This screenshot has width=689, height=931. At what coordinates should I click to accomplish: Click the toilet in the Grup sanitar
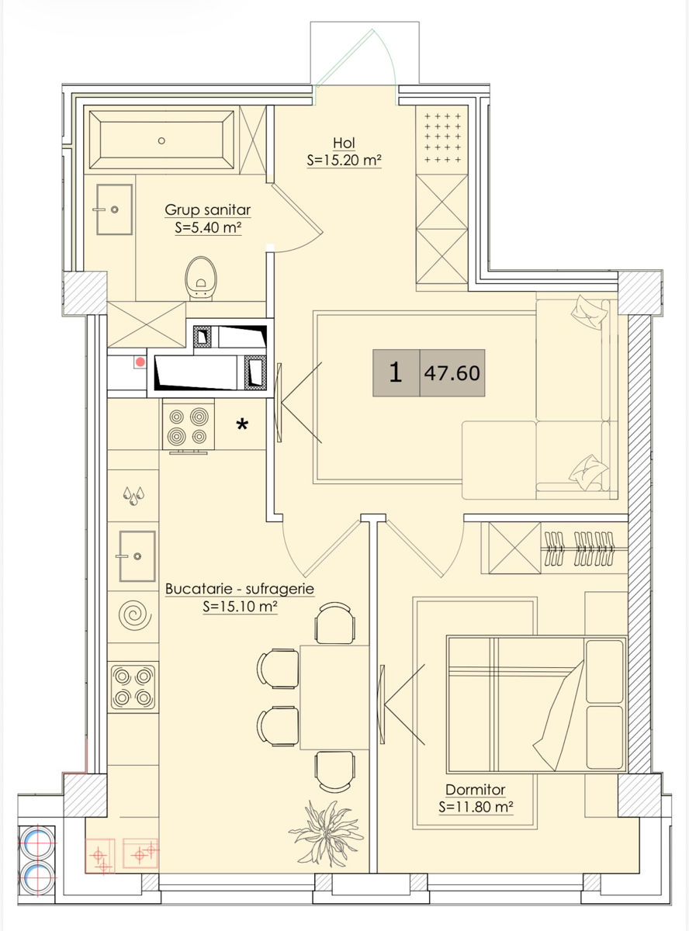point(201,279)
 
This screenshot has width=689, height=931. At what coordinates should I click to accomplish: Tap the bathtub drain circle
point(161,141)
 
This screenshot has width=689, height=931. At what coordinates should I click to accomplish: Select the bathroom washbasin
point(114,209)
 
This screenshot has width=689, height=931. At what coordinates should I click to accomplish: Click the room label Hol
point(344,143)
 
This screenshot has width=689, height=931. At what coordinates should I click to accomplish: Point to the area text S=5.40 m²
point(208,227)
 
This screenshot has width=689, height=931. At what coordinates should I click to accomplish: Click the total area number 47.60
point(452,373)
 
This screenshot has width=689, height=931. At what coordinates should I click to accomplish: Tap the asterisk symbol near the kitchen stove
point(242,425)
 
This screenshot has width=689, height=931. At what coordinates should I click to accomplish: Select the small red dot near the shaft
point(140,362)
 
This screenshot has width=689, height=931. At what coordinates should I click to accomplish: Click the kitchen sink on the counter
point(137,556)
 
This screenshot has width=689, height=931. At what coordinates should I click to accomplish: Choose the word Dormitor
point(476,790)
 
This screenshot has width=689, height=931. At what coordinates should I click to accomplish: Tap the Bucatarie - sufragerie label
point(240,589)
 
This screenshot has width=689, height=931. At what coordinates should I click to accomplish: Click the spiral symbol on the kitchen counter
point(134,615)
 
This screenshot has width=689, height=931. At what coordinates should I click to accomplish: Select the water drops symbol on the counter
point(133,495)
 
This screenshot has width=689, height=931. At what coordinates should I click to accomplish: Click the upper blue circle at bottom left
point(37,842)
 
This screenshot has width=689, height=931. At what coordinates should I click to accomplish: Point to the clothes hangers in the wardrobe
point(579,549)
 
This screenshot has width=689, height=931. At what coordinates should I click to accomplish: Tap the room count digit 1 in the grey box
point(395,372)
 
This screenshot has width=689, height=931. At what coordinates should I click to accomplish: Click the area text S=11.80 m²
point(476,807)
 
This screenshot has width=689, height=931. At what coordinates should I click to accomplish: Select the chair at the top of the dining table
point(334,623)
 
